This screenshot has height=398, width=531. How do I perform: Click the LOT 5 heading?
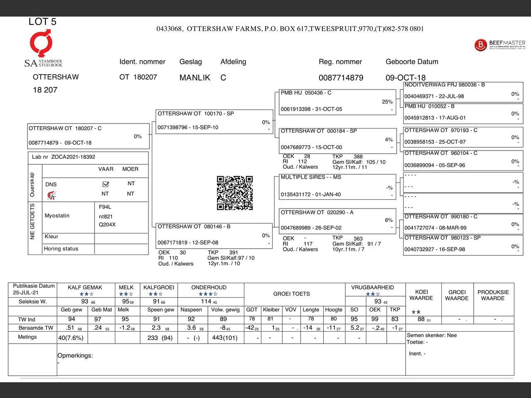(x=42, y=22)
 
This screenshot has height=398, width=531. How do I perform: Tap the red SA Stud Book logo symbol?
(x=41, y=43)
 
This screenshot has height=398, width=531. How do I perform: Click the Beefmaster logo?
(x=499, y=45)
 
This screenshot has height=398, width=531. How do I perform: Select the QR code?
(x=235, y=193)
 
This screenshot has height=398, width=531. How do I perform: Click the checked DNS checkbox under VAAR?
(x=105, y=184)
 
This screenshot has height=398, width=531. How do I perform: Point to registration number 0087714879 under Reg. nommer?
(x=341, y=78)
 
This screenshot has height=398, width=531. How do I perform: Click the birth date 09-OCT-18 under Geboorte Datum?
(x=405, y=78)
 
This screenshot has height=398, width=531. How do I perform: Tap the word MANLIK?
(x=195, y=78)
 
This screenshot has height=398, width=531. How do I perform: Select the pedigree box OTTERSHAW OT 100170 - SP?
(x=214, y=121)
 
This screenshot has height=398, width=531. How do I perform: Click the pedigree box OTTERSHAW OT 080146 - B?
(x=214, y=235)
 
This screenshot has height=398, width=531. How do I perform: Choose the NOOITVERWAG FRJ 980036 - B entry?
(x=463, y=91)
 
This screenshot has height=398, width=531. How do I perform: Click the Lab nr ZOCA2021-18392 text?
(x=63, y=157)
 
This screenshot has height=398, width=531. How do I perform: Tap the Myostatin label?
(x=57, y=216)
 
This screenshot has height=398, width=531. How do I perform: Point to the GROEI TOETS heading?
(x=291, y=294)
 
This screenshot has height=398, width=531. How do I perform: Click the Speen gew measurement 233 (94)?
(x=160, y=338)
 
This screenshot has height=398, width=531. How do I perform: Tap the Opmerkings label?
(x=75, y=355)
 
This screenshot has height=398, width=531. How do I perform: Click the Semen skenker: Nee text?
(x=431, y=335)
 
